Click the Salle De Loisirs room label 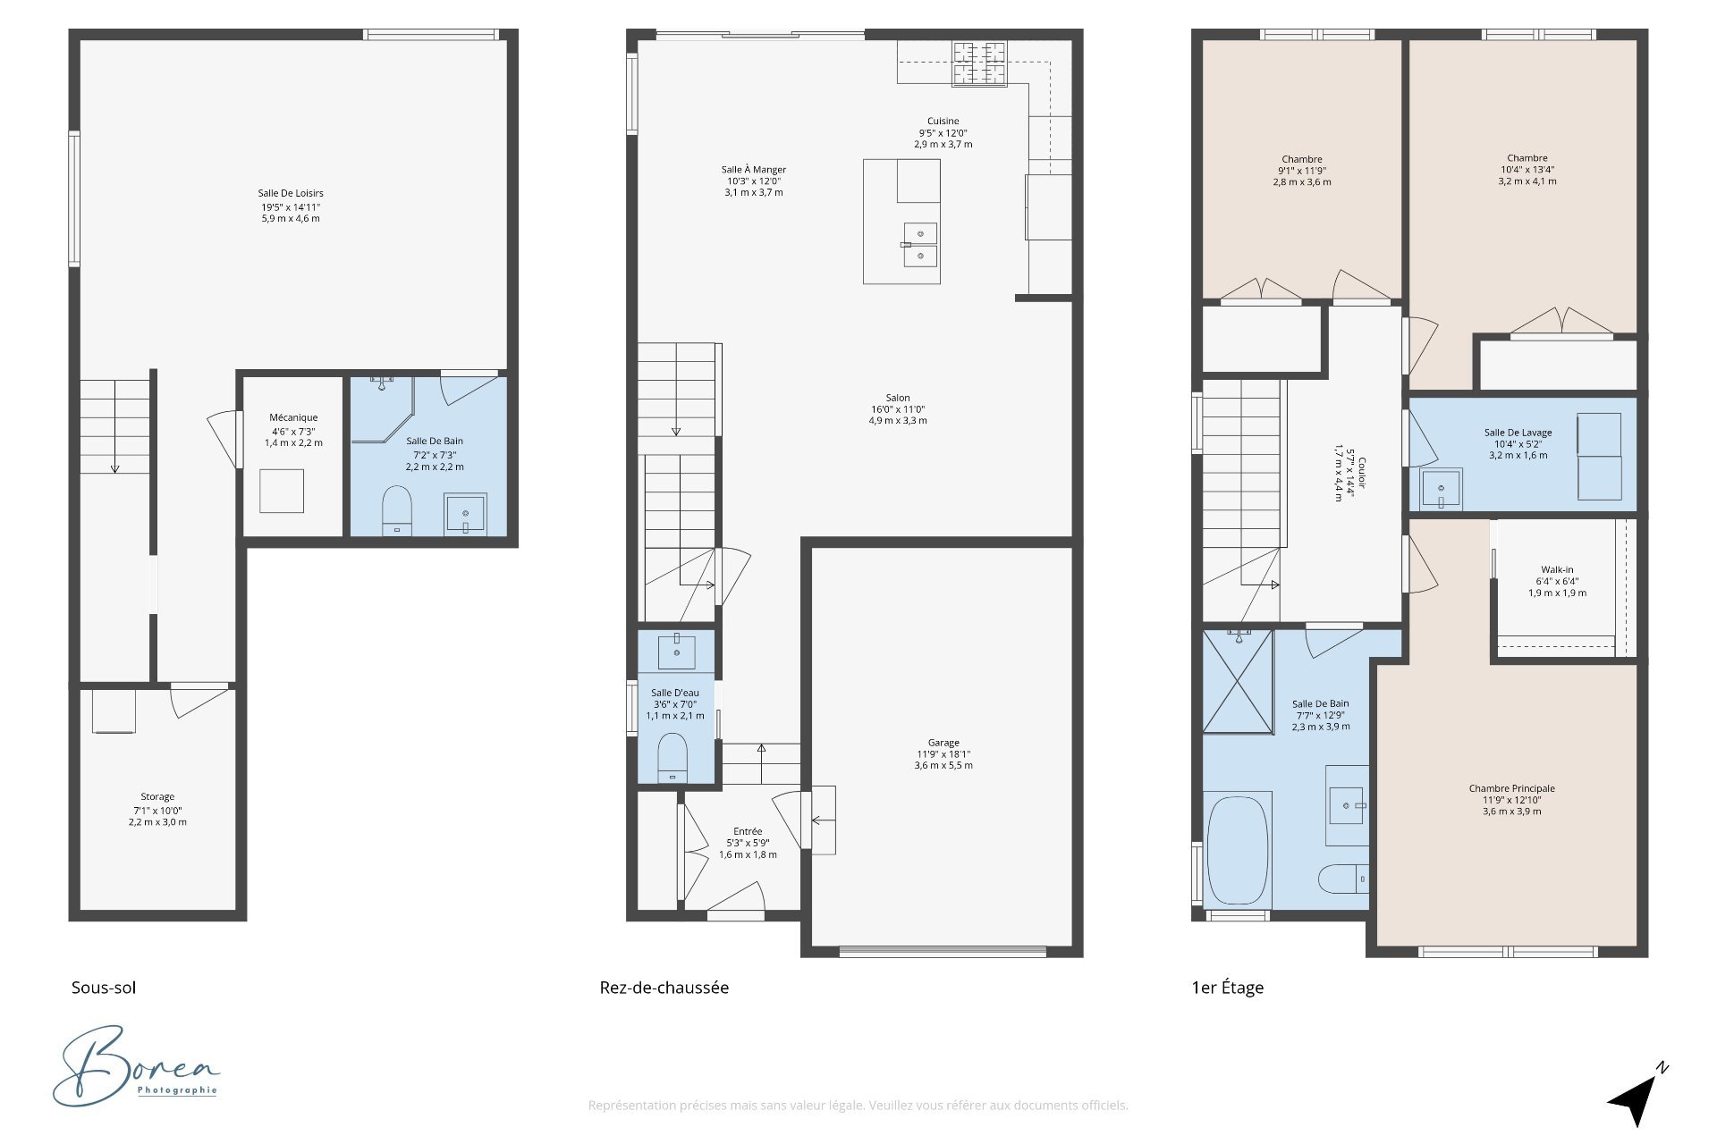(x=291, y=193)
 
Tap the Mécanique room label (x=293, y=417)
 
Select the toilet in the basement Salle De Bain (x=396, y=510)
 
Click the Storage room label (x=157, y=796)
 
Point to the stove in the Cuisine (x=979, y=63)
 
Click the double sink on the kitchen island (x=920, y=245)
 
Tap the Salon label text (x=898, y=398)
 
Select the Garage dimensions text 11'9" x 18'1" (x=943, y=754)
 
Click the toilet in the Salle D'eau (x=672, y=758)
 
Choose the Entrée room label (x=748, y=831)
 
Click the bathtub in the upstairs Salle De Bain (x=1238, y=848)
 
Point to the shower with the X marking (x=1238, y=682)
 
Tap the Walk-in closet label (x=1557, y=569)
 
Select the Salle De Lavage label (x=1518, y=433)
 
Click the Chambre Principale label (x=1512, y=788)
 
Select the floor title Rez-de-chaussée (x=664, y=988)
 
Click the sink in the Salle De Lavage (x=1440, y=489)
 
